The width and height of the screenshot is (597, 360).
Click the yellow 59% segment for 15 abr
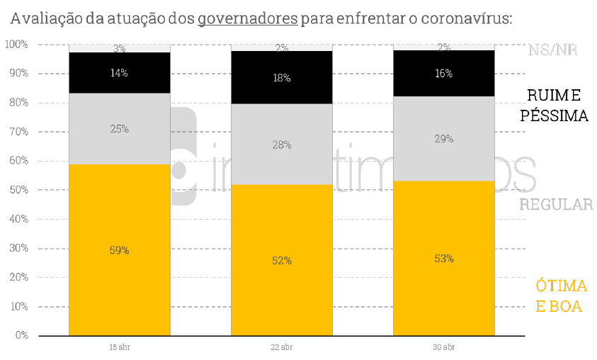pyautogui.click(x=119, y=249)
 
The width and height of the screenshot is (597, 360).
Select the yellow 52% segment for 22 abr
pyautogui.click(x=282, y=260)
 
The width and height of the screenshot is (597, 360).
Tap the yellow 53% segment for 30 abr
pyautogui.click(x=444, y=258)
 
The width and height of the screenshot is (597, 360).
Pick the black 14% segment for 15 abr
pyautogui.click(x=119, y=73)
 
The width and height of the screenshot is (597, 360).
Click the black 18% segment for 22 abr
pyautogui.click(x=282, y=78)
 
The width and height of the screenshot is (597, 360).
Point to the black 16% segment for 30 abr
pyautogui.click(x=444, y=74)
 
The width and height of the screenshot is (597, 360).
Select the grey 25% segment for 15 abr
pyautogui.click(x=119, y=129)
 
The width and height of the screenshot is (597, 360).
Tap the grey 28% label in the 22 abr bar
pyautogui.click(x=282, y=145)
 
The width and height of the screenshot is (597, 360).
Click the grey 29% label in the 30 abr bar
pyautogui.click(x=444, y=139)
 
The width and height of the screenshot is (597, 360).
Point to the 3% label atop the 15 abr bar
pyautogui.click(x=119, y=49)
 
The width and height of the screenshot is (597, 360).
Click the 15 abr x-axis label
pyautogui.click(x=119, y=347)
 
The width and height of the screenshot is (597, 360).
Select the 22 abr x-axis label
pyautogui.click(x=282, y=347)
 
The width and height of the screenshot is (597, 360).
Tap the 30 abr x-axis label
pyautogui.click(x=444, y=347)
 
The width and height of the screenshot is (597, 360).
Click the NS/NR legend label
pyautogui.click(x=553, y=50)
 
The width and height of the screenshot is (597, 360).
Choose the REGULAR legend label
pyautogui.click(x=556, y=205)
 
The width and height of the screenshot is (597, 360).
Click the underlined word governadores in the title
pyautogui.click(x=247, y=18)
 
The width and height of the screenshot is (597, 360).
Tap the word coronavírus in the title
pyautogui.click(x=466, y=18)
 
